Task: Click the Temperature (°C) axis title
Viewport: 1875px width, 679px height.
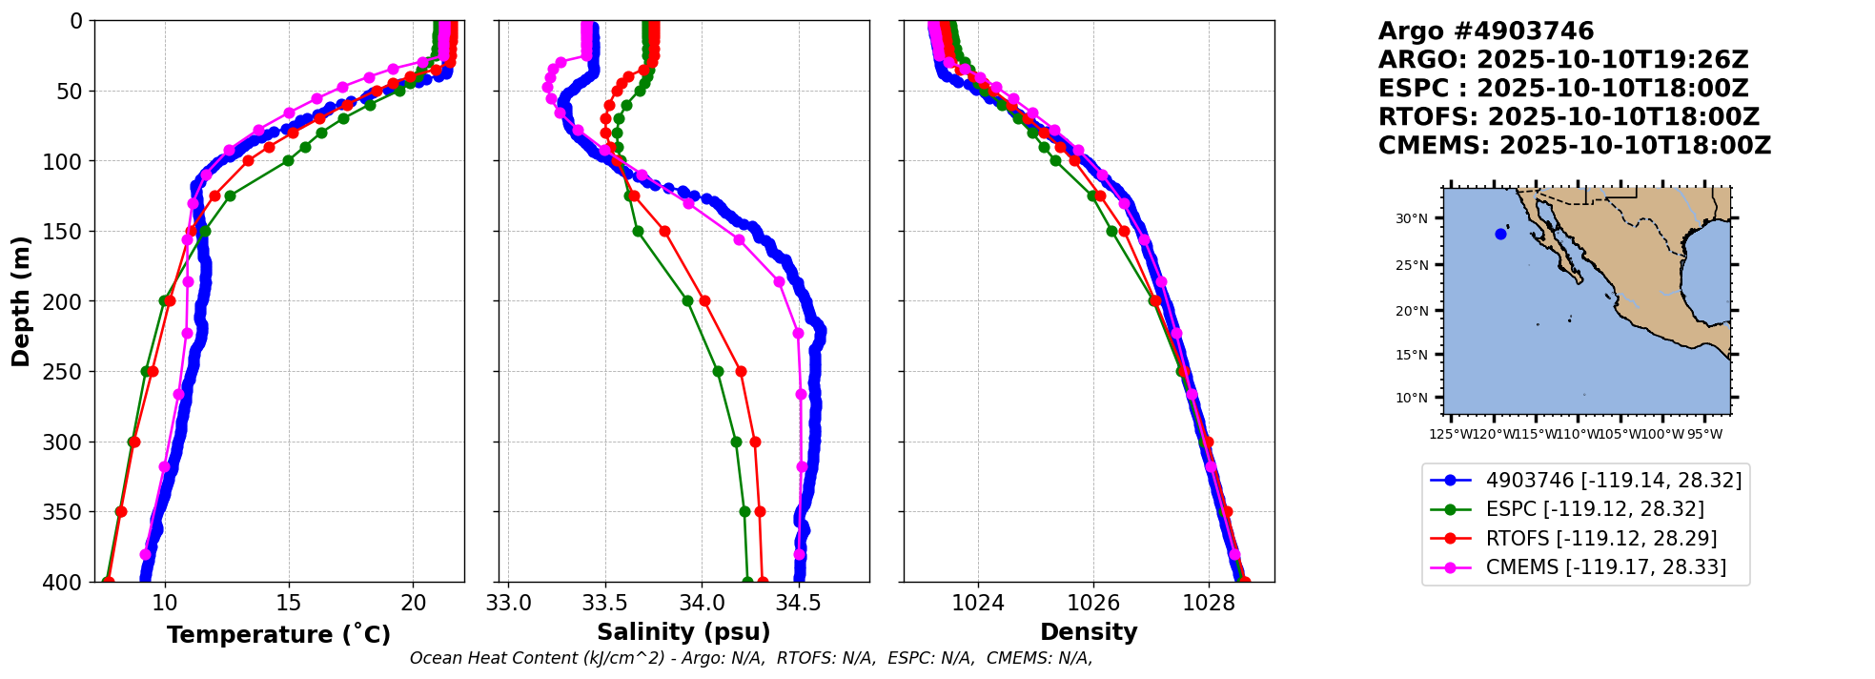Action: (278, 634)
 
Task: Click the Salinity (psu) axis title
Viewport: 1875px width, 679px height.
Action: (683, 632)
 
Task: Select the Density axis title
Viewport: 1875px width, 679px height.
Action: (1089, 632)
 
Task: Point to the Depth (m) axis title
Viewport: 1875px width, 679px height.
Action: (21, 301)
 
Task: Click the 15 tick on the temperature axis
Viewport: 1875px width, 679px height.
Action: (289, 603)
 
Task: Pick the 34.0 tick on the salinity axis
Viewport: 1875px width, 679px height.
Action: (702, 603)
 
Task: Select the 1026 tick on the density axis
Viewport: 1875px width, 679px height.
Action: (1093, 603)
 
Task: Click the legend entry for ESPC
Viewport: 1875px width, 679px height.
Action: (1595, 509)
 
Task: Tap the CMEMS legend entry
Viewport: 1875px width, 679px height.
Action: (1605, 567)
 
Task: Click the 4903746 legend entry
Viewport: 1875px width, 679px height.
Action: (1613, 481)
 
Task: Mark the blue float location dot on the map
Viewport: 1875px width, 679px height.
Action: (1500, 234)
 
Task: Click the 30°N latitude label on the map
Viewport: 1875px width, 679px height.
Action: (1412, 219)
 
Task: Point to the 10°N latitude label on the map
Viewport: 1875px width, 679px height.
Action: (1412, 398)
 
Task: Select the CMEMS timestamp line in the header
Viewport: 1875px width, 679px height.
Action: (1574, 146)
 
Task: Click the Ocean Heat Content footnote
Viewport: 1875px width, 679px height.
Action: (750, 658)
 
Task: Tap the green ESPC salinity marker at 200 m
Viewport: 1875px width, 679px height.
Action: (687, 300)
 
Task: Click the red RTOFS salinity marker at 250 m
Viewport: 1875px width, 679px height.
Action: (741, 371)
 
